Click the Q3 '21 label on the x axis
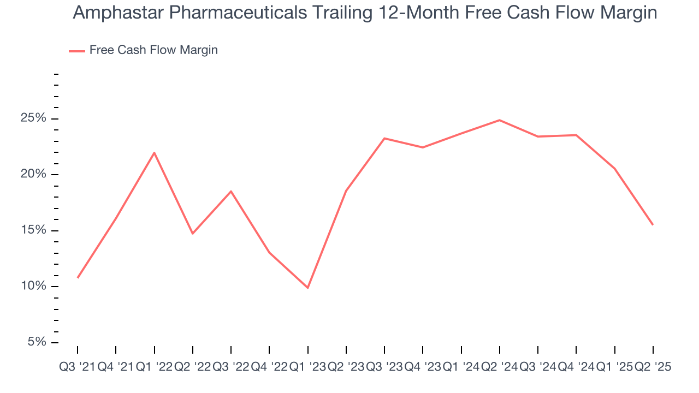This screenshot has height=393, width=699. (x=77, y=367)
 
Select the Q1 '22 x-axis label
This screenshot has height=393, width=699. (x=154, y=367)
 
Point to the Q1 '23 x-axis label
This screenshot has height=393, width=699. (x=308, y=367)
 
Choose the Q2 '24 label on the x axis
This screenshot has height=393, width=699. (x=500, y=367)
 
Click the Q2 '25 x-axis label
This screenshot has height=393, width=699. (x=653, y=367)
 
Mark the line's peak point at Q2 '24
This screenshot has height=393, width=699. (x=500, y=120)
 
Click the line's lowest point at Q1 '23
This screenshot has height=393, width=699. (x=308, y=288)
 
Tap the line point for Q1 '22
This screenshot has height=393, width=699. (x=155, y=152)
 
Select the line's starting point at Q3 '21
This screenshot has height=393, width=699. (x=78, y=278)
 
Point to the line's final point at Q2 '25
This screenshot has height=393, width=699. (x=653, y=225)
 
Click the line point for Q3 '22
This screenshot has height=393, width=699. (x=231, y=191)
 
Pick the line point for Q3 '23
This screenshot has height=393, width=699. (x=384, y=138)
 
